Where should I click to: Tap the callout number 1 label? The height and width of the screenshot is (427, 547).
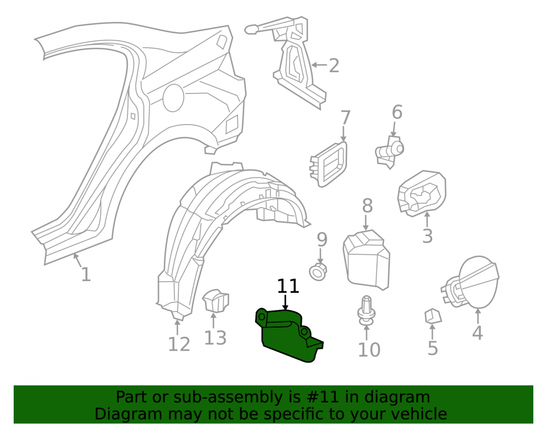(86, 274)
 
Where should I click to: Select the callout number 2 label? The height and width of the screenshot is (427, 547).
(334, 66)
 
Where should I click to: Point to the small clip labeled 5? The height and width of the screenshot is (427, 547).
(433, 316)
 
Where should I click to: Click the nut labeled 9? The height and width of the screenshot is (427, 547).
(318, 271)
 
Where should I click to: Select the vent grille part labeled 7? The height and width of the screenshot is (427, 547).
(328, 164)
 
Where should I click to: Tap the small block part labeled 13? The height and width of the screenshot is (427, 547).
(216, 300)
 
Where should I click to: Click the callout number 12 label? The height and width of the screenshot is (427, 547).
(179, 344)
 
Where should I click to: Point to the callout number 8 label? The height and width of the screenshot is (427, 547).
(368, 206)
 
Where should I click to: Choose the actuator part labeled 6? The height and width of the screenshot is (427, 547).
(389, 151)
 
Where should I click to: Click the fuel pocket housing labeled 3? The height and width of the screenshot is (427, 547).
(422, 193)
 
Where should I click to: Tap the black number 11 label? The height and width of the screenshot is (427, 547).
(288, 286)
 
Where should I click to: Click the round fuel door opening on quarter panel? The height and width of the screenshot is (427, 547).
(173, 98)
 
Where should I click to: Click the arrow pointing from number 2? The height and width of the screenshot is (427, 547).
(319, 65)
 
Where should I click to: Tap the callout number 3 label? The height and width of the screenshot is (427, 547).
(427, 236)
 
